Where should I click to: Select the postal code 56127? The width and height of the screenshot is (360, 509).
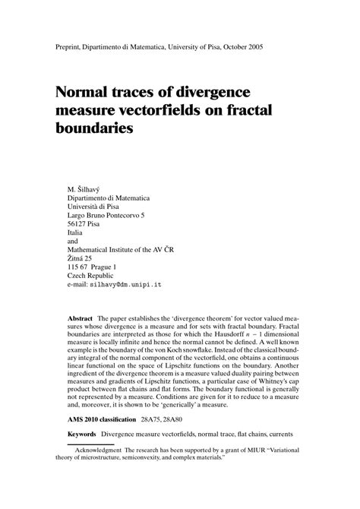[x=80, y=225]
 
